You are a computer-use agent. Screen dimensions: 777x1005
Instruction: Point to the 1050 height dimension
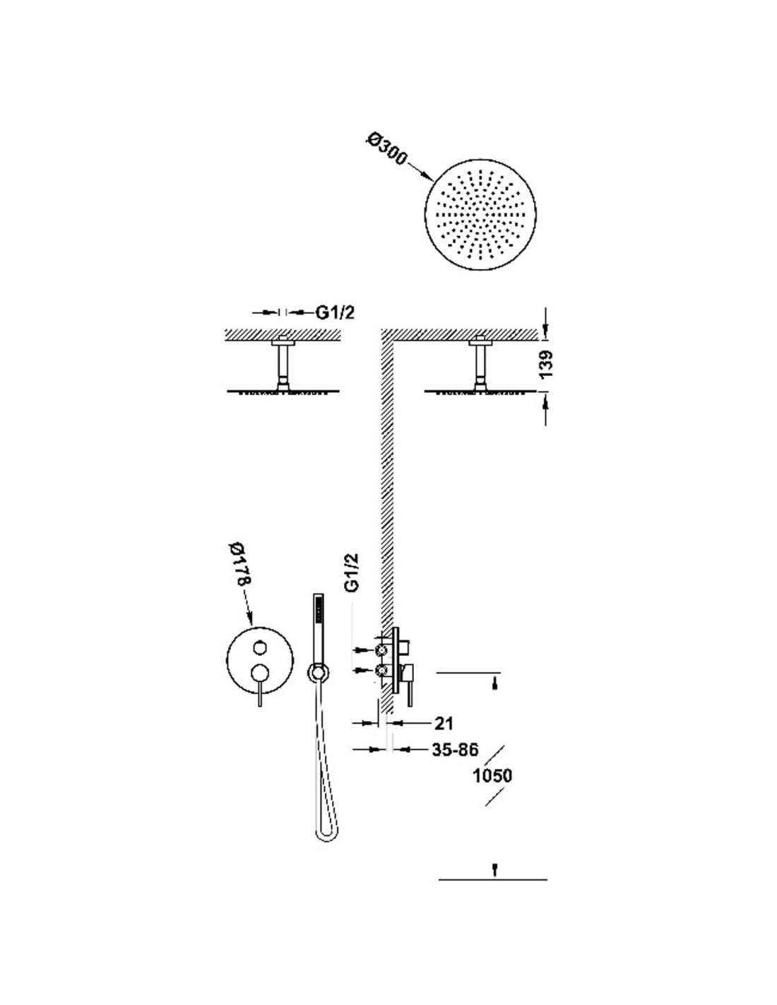[492, 775]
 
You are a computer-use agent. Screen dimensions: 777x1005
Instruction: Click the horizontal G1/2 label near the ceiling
[335, 313]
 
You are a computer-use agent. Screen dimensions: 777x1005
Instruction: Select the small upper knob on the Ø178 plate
[260, 647]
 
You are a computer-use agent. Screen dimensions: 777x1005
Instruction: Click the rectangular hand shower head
[318, 629]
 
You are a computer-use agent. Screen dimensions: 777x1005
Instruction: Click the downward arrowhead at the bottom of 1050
[495, 866]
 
